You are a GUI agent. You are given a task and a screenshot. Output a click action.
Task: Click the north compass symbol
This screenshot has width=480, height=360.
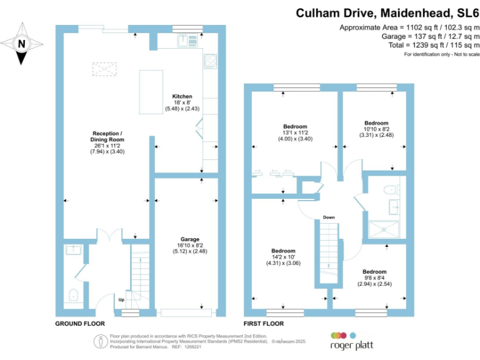tap(22, 44)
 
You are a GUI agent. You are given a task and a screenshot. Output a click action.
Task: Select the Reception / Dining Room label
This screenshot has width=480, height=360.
tap(107, 142)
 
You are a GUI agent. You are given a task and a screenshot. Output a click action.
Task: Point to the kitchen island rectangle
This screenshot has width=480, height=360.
tap(148, 92)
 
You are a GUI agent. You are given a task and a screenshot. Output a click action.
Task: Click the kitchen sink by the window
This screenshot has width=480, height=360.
tap(183, 41)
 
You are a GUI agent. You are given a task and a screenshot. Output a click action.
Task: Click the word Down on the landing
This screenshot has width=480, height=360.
tap(329, 217)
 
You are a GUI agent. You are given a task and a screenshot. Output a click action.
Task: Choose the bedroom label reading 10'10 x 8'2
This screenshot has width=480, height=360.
tap(376, 129)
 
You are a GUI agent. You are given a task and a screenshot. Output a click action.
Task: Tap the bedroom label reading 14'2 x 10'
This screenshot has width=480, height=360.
tap(284, 257)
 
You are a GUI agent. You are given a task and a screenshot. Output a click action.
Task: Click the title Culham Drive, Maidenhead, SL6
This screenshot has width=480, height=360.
tap(387, 12)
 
